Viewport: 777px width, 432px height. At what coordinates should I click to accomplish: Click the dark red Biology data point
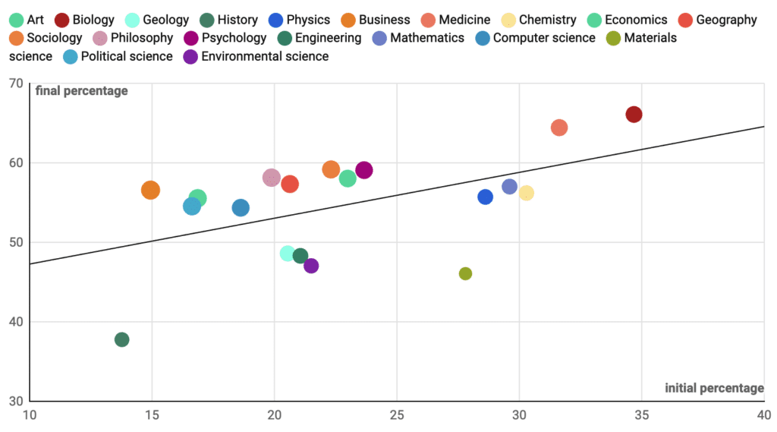pyautogui.click(x=634, y=114)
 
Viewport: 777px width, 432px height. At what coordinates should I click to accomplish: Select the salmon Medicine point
pyautogui.click(x=559, y=128)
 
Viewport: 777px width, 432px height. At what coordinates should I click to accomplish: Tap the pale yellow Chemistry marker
pyautogui.click(x=526, y=193)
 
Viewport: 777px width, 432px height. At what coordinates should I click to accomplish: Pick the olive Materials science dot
pyautogui.click(x=465, y=273)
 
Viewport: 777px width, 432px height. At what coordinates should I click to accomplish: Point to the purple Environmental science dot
pyautogui.click(x=311, y=266)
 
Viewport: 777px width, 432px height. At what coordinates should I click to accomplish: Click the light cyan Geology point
pyautogui.click(x=287, y=253)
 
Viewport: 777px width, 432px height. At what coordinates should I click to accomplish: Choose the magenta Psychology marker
pyautogui.click(x=364, y=170)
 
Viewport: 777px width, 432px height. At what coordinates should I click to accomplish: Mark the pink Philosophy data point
pyautogui.click(x=272, y=178)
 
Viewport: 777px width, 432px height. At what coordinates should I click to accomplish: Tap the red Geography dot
pyautogui.click(x=290, y=184)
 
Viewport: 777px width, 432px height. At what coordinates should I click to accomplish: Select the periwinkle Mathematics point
pyautogui.click(x=509, y=186)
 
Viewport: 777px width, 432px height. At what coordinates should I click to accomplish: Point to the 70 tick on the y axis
pyautogui.click(x=15, y=84)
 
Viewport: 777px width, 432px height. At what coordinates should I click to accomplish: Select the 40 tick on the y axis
pyautogui.click(x=15, y=322)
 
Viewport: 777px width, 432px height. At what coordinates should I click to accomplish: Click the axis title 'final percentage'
pyautogui.click(x=82, y=91)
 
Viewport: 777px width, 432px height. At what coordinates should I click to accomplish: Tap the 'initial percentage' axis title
pyautogui.click(x=714, y=388)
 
